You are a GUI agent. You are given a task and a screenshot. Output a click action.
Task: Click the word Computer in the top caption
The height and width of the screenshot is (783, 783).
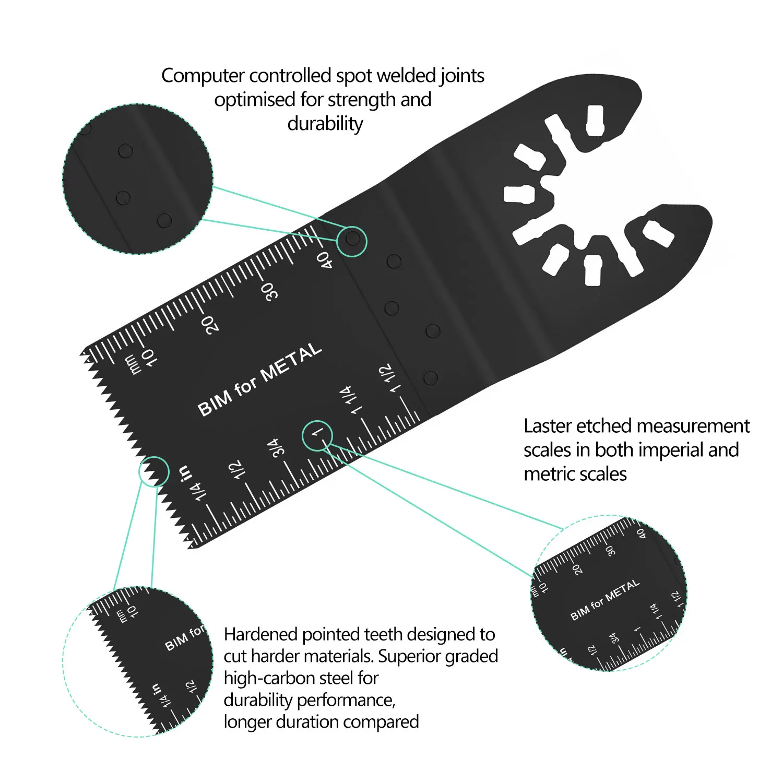pyautogui.click(x=203, y=76)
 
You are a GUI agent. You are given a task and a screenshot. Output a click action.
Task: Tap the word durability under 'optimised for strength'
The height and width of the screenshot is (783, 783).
pyautogui.click(x=325, y=124)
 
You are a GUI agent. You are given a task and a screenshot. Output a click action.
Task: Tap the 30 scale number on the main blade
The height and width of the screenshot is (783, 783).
pyautogui.click(x=269, y=292)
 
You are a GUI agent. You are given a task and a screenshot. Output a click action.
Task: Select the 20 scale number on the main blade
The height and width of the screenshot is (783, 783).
pyautogui.click(x=210, y=324)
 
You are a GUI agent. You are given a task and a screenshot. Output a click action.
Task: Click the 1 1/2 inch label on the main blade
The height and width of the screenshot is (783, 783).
pyautogui.click(x=390, y=378)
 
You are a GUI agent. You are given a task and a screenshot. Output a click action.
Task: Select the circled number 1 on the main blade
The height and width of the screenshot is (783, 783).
pyautogui.click(x=317, y=433)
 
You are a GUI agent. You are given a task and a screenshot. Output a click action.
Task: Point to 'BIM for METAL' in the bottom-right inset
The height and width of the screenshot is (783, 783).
pyautogui.click(x=605, y=600)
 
